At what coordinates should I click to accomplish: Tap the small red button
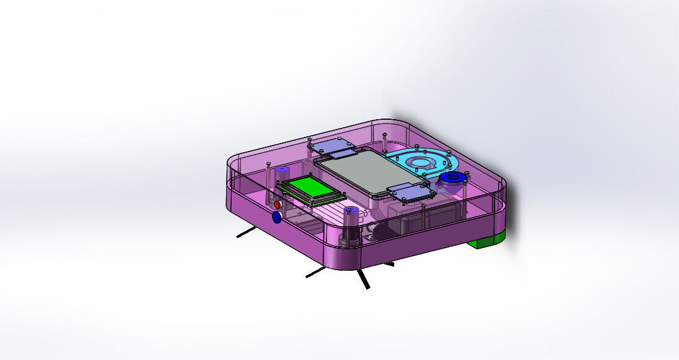click(x=276, y=204)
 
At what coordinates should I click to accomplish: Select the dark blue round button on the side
click(x=276, y=216)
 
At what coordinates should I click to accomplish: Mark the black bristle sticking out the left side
click(x=246, y=231)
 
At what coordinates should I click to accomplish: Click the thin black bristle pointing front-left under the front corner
click(x=316, y=272)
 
